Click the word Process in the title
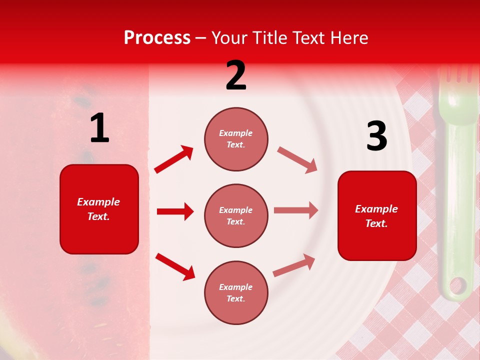tap(157, 38)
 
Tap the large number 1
tap(99, 128)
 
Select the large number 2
tap(236, 75)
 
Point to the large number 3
tap(376, 136)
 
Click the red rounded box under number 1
tap(99, 209)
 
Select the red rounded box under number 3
tap(377, 215)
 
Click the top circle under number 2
tap(236, 139)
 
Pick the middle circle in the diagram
tap(236, 215)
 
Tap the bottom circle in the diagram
tap(236, 292)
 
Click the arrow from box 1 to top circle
tap(174, 159)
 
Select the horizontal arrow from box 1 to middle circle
tap(175, 211)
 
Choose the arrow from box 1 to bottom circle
tap(175, 266)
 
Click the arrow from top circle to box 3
tap(297, 160)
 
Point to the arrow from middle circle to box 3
tap(296, 210)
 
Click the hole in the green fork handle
tap(457, 286)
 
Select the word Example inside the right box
tap(376, 209)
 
